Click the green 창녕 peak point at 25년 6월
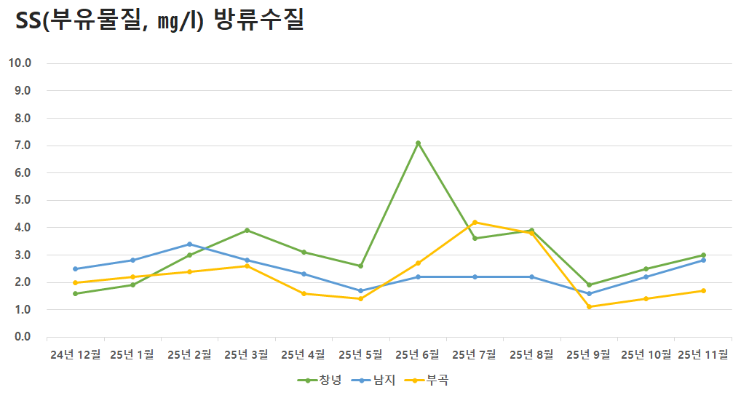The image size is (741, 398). pos(418,143)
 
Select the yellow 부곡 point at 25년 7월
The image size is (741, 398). pos(475,223)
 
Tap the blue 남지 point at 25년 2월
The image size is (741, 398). pos(189,244)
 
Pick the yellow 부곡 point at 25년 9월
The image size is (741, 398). pos(589,307)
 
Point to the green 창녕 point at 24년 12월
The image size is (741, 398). pos(75,294)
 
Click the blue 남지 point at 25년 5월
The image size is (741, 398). pos(360,291)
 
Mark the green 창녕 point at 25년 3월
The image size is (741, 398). pos(247,231)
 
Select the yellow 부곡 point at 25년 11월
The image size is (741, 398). pos(703,291)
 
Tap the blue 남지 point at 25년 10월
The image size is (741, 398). pos(646,277)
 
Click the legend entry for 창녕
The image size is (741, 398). pos(319,381)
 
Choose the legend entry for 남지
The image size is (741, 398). pos(373,381)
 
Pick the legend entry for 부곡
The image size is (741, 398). pos(427,381)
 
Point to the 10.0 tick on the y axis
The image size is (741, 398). pos(20,63)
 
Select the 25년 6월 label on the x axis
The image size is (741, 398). pos(418,355)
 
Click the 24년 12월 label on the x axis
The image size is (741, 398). pos(75,355)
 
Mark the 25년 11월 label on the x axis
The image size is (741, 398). pos(703,355)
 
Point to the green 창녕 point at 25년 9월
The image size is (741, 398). pos(589,285)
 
